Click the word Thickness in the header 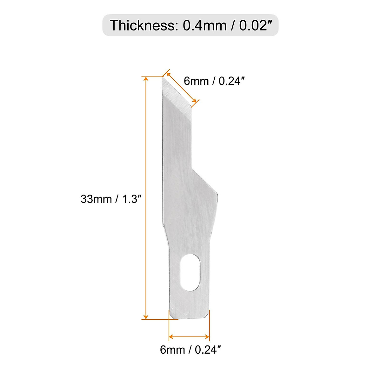click(142, 25)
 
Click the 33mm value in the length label click(96, 199)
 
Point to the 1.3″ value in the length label click(130, 199)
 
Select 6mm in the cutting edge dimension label click(196, 81)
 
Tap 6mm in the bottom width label click(172, 350)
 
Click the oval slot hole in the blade click(190, 272)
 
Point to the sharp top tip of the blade click(163, 78)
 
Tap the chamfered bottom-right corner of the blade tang click(207, 316)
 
